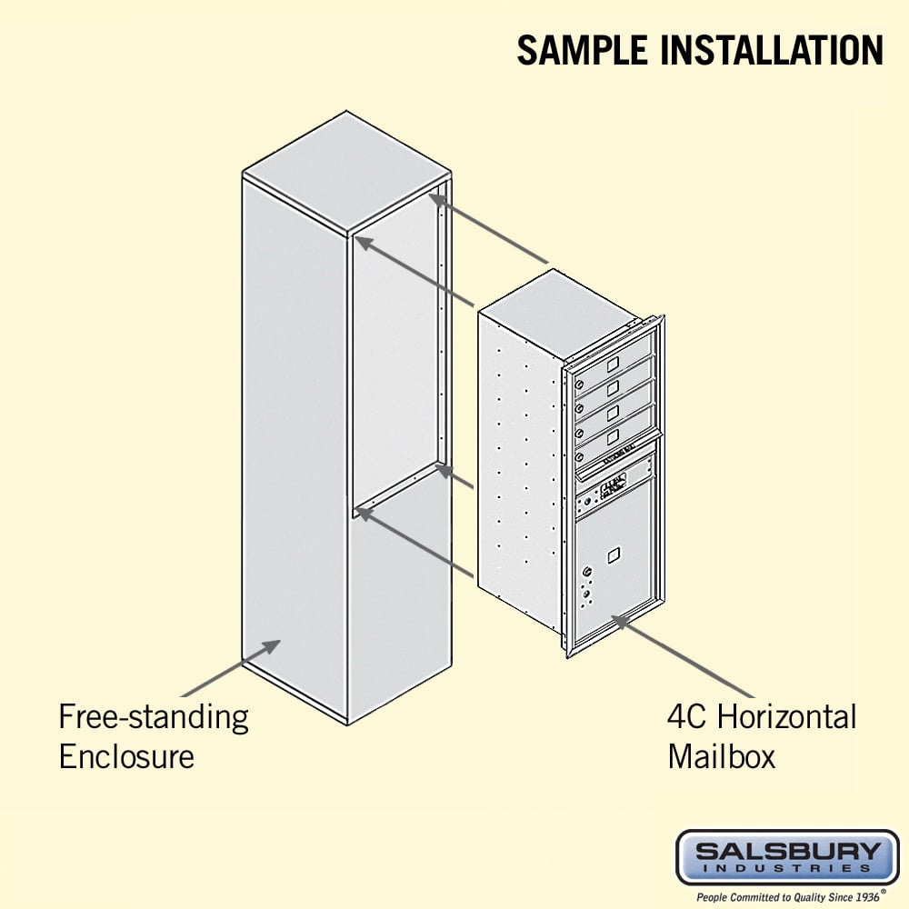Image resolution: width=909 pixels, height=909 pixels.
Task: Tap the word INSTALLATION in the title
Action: click(x=773, y=50)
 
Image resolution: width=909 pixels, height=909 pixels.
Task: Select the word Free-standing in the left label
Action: click(x=154, y=718)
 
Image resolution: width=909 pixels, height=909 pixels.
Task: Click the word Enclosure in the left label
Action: click(x=126, y=756)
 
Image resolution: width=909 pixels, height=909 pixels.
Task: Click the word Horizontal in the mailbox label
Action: click(x=787, y=717)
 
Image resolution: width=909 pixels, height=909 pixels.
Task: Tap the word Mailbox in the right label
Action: click(x=722, y=756)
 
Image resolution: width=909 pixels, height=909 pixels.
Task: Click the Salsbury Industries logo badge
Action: click(x=787, y=857)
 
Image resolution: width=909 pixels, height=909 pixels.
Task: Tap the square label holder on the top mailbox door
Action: click(x=613, y=363)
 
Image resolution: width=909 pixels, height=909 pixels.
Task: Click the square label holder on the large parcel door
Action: click(x=614, y=551)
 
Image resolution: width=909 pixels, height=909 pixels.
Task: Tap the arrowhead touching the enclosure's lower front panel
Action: click(x=271, y=647)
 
